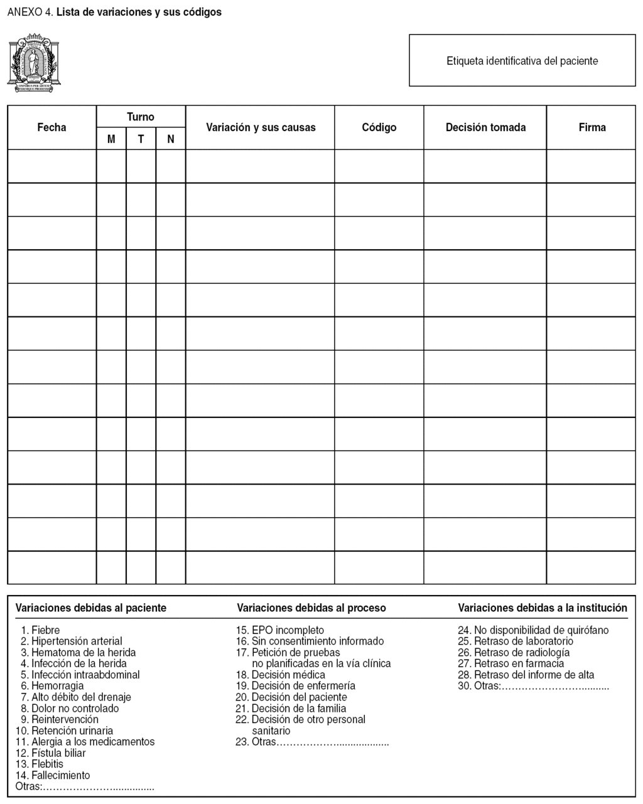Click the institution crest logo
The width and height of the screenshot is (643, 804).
click(34, 63)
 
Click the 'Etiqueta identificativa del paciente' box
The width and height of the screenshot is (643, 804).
click(522, 61)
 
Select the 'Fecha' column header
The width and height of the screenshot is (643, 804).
click(51, 127)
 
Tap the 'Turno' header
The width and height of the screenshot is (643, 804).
click(141, 117)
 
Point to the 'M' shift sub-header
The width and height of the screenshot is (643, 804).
click(111, 139)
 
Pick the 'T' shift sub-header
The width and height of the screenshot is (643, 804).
click(141, 139)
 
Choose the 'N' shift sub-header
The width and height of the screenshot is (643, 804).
click(171, 139)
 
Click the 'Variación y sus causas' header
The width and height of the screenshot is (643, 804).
click(261, 127)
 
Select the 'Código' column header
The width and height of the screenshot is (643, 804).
click(379, 127)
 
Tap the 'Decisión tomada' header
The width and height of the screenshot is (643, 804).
click(485, 127)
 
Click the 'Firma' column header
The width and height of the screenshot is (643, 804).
click(592, 127)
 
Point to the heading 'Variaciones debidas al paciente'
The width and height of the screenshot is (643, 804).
click(91, 608)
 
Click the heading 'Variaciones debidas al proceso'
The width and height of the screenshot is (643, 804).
click(311, 608)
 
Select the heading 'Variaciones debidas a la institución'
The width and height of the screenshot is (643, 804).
click(543, 608)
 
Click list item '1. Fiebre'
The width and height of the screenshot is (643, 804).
click(41, 630)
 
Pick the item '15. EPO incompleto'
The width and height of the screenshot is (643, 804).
click(280, 630)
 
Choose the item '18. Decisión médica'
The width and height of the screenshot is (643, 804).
click(281, 675)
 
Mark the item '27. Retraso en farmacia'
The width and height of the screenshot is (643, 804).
click(511, 663)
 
